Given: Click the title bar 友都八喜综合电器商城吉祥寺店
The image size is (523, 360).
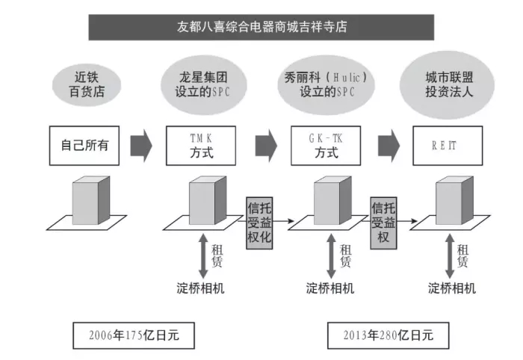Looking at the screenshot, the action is click(261, 27).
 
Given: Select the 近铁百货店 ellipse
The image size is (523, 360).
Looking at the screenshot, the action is click(87, 85).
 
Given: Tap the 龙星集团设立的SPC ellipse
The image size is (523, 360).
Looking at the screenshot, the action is click(203, 85).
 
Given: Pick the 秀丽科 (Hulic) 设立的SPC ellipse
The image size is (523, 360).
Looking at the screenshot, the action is click(326, 85).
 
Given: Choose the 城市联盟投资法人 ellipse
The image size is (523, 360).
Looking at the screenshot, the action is click(447, 85).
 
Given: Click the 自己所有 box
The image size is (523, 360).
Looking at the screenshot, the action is click(84, 146).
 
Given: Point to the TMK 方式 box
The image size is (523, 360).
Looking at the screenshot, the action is click(201, 146).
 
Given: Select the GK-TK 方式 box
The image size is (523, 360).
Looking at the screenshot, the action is click(326, 146).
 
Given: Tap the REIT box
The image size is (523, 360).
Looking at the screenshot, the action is click(448, 146).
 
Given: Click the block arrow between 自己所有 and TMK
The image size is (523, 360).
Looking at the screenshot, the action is click(141, 146).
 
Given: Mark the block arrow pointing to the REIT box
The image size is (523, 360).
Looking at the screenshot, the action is click(389, 146).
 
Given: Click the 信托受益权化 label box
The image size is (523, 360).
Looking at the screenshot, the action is click(259, 223).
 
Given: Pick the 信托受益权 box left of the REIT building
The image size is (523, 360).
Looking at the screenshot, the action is click(383, 223).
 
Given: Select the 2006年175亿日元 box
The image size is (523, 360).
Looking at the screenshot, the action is click(134, 335).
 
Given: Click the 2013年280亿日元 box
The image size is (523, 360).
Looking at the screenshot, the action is click(389, 335).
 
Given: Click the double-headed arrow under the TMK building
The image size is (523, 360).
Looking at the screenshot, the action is click(203, 256).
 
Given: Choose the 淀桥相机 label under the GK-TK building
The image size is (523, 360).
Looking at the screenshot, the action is click(330, 288).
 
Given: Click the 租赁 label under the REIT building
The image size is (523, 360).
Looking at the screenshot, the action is click(462, 255).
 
